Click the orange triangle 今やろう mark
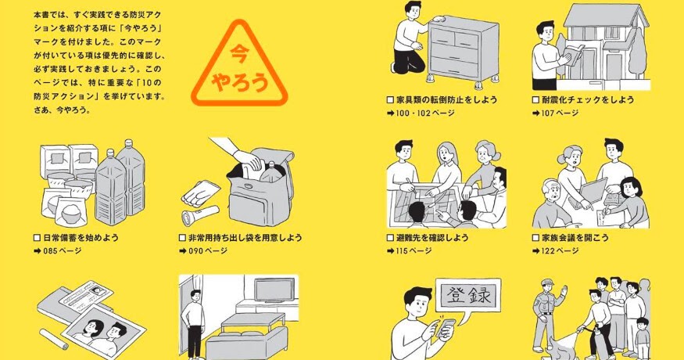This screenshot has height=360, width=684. (x=239, y=66)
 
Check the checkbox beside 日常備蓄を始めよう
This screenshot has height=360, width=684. (x=37, y=238)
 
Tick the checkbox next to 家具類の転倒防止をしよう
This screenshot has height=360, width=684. (x=390, y=99)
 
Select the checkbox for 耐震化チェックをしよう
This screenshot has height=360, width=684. (x=535, y=99)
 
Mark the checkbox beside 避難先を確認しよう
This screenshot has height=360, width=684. (x=390, y=238)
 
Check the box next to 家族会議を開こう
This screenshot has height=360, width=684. (x=535, y=238)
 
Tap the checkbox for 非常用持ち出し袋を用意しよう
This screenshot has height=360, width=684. (x=182, y=238)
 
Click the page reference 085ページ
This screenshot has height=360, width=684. (x=63, y=250)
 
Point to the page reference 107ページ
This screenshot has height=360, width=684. (x=560, y=113)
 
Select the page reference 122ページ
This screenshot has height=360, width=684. (x=560, y=250)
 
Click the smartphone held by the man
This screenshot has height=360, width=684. (x=446, y=328)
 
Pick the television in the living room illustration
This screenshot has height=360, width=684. (x=274, y=290)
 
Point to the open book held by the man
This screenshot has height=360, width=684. (x=573, y=55)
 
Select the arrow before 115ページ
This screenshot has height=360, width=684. (x=390, y=250)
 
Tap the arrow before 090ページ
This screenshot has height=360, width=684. (x=183, y=250)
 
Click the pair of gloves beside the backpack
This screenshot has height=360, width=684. (x=200, y=193)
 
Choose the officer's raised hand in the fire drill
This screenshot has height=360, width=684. (x=565, y=290)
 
